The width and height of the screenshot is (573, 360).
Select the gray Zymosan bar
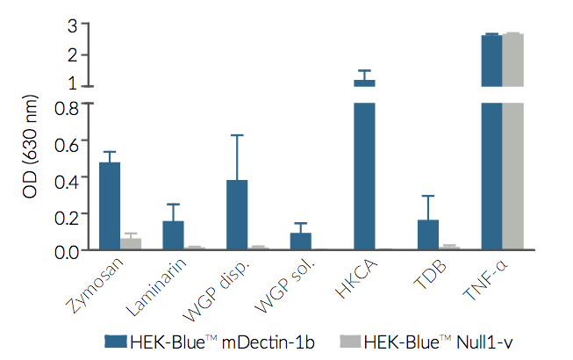click(131, 243)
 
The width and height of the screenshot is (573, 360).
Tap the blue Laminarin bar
click(173, 235)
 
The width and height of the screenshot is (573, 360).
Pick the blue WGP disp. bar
click(237, 215)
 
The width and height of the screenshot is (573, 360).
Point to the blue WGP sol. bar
click(300, 241)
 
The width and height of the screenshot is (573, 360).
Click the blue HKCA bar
click(364, 176)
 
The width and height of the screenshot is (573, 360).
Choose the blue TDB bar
click(427, 234)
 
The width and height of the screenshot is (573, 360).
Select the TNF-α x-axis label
click(485, 284)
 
